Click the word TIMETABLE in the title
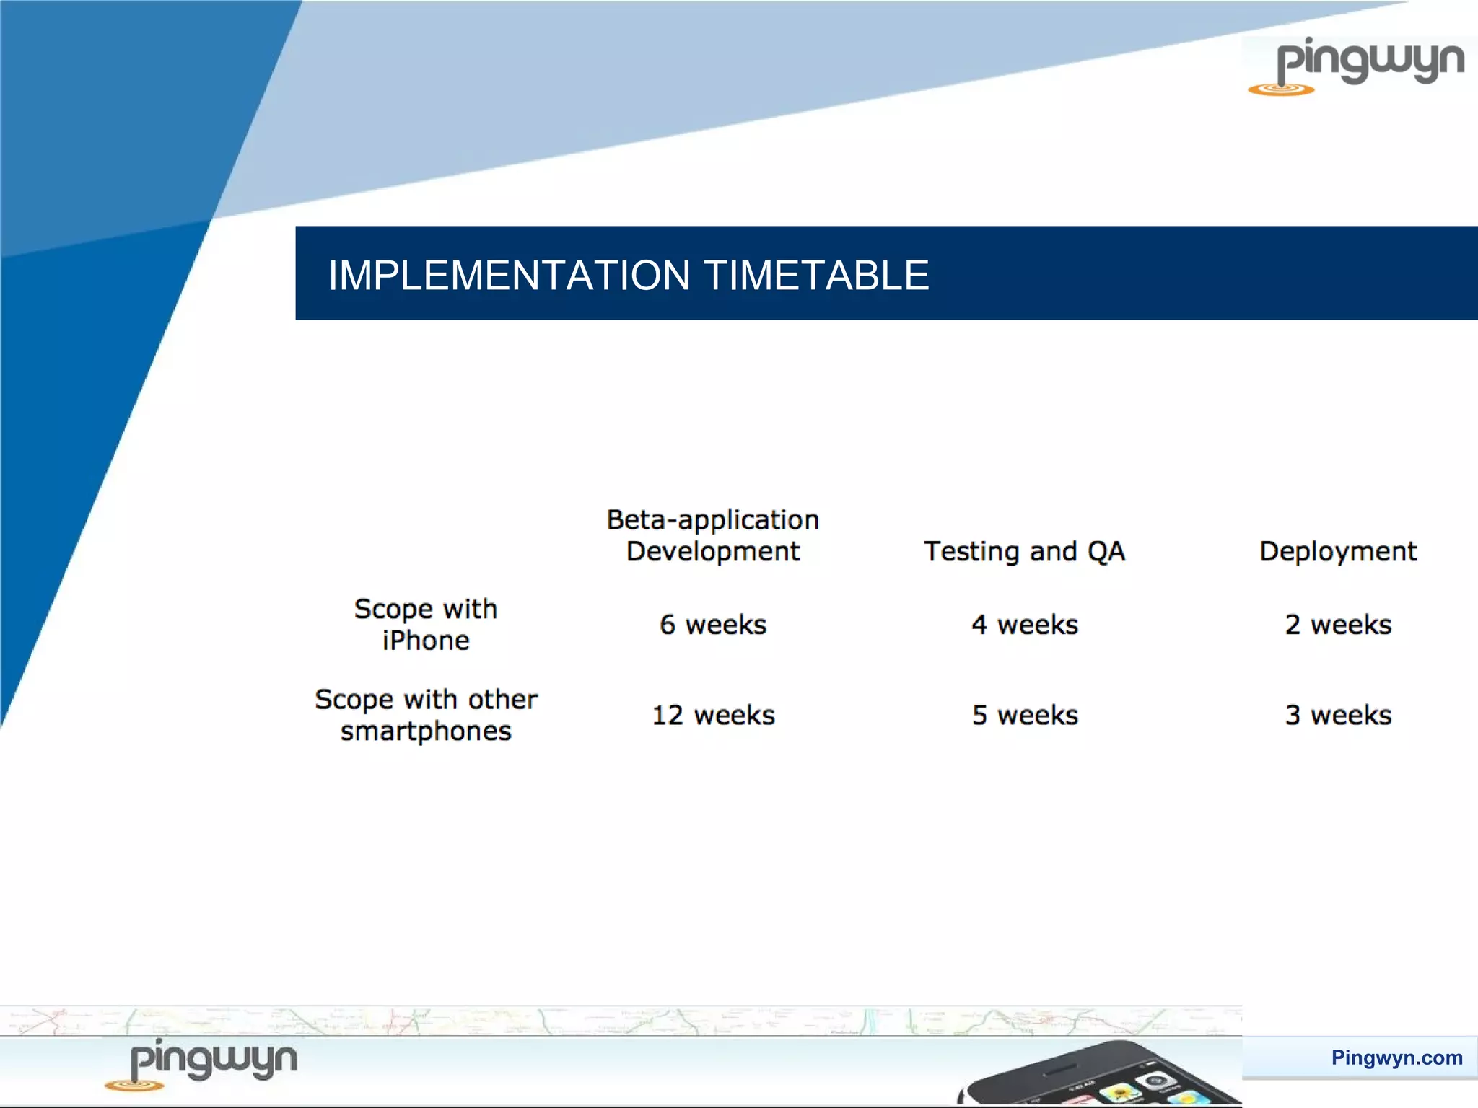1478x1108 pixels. pos(816,276)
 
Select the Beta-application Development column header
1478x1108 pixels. pos(713,535)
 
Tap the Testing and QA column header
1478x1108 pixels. pos(1024,552)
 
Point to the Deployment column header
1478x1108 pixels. pos(1337,552)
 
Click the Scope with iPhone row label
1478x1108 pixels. pos(426,625)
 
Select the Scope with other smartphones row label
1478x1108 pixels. pos(426,715)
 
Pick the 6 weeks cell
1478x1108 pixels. pos(713,625)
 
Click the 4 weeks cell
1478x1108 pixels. pos(1024,625)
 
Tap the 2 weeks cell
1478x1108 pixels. pos(1337,625)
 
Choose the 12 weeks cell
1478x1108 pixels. pos(713,716)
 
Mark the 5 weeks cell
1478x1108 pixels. pos(1024,716)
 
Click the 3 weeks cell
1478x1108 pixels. pos(1337,716)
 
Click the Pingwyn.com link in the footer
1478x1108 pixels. pos(1396,1058)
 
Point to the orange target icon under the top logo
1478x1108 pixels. pos(1281,89)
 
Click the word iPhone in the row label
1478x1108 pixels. pos(426,641)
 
